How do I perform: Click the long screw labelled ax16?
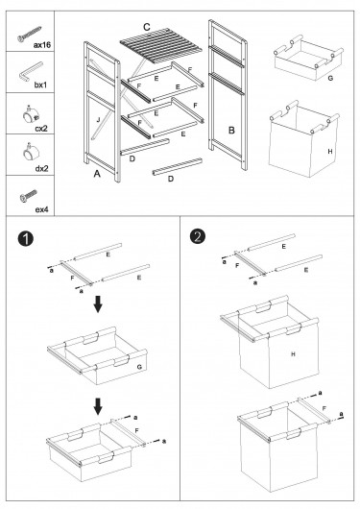[x=29, y=34]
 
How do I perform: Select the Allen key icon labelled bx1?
[x=30, y=72]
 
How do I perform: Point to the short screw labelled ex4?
[x=28, y=195]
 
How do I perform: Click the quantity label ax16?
[x=42, y=45]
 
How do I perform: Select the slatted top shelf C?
[x=160, y=46]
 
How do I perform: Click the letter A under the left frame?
[x=97, y=174]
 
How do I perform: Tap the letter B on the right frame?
[x=231, y=131]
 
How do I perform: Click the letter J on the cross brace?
[x=98, y=120]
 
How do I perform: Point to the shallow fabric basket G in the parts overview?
[x=309, y=60]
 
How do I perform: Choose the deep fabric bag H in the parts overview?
[x=304, y=138]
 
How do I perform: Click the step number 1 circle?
[x=26, y=239]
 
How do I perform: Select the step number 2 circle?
[x=198, y=236]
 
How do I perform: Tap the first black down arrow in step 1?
[x=98, y=303]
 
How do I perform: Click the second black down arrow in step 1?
[x=98, y=406]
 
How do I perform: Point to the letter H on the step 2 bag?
[x=293, y=353]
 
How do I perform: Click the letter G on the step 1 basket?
[x=139, y=367]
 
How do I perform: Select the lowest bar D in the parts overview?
[x=178, y=167]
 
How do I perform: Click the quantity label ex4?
[x=41, y=209]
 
